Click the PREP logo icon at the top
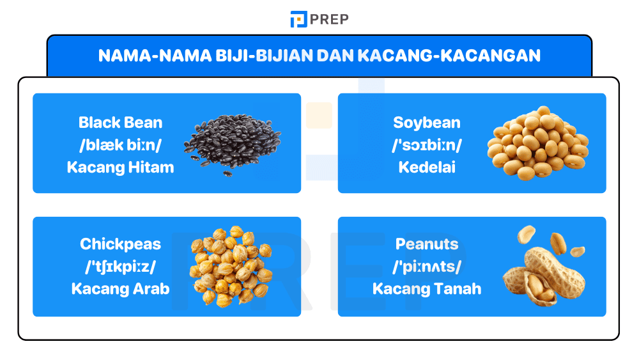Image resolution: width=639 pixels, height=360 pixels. pyautogui.click(x=298, y=19)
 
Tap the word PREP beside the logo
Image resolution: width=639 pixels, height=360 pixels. pyautogui.click(x=329, y=19)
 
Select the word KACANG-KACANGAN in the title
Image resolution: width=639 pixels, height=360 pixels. pyautogui.click(x=449, y=56)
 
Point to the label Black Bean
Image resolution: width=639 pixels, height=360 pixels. pyautogui.click(x=120, y=122)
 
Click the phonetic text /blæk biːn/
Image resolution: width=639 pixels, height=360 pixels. pyautogui.click(x=120, y=145)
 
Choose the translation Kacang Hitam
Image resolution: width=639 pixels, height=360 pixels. pyautogui.click(x=120, y=168)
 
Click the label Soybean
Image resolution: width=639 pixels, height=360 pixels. pyautogui.click(x=426, y=122)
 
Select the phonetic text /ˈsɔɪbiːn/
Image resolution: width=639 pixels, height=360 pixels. pyautogui.click(x=426, y=145)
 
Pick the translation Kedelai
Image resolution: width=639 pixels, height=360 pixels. pyautogui.click(x=426, y=168)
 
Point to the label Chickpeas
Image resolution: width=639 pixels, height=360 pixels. pyautogui.click(x=120, y=244)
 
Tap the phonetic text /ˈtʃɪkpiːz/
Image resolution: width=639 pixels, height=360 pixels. pyautogui.click(x=120, y=267)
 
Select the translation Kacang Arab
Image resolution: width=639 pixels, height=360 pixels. pyautogui.click(x=120, y=288)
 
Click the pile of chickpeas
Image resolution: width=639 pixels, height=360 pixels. pyautogui.click(x=231, y=265)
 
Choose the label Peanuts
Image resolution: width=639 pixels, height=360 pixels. pyautogui.click(x=426, y=244)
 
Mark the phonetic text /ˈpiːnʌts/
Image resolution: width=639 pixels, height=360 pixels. pyautogui.click(x=426, y=267)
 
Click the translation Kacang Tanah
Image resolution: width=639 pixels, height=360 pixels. pyautogui.click(x=426, y=288)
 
